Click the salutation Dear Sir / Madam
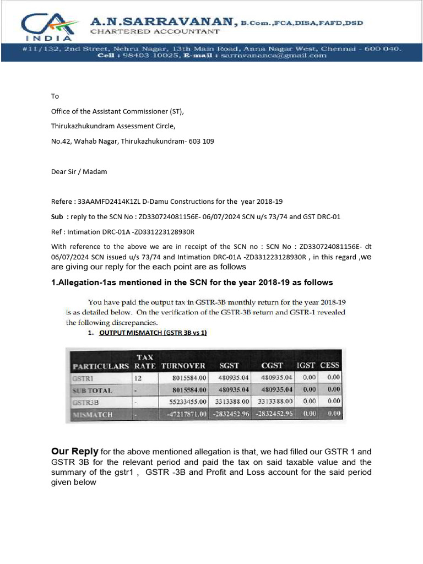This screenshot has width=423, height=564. tap(79, 171)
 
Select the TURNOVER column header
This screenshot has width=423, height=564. tap(183, 366)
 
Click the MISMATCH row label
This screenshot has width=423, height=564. tap(93, 414)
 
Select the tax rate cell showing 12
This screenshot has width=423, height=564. tap(139, 378)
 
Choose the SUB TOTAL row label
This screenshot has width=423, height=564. tap(93, 390)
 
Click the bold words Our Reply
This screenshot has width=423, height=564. tap(74, 452)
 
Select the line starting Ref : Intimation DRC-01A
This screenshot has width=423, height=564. tap(123, 231)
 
